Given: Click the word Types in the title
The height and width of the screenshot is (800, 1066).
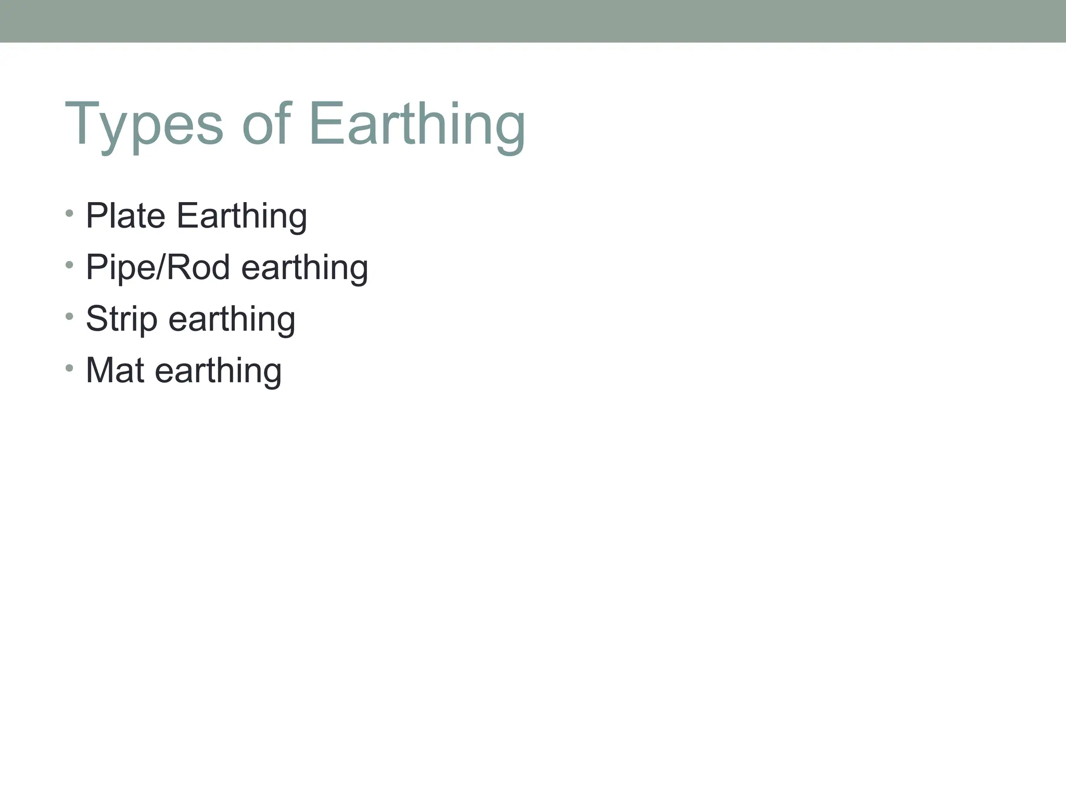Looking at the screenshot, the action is coord(144,125).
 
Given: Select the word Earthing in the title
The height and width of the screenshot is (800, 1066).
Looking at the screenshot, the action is coord(416,125).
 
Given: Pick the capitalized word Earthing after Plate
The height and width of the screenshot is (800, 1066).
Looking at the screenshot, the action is coord(242,217).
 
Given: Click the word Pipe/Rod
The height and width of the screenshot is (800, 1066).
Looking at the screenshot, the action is coord(158,268).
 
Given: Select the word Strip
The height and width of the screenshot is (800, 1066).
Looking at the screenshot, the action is coord(121,320).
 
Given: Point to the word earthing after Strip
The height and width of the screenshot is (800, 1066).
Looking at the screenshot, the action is coord(232,320).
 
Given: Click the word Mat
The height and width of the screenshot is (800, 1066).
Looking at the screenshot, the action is coord(115,370).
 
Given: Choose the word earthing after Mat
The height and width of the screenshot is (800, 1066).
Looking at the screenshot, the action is coord(218,371).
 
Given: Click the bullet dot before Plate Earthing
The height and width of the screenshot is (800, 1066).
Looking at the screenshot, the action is coord(70,214).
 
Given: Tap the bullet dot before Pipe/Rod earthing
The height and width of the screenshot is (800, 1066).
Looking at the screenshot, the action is coord(70,265).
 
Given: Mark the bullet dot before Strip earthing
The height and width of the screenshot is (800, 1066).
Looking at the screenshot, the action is coord(70,316).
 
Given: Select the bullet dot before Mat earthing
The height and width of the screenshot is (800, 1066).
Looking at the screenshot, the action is coord(70,368).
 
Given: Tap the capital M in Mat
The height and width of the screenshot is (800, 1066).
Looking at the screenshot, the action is coord(99,370).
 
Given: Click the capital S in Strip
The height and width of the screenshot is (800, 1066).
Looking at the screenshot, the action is coord(96,319).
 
